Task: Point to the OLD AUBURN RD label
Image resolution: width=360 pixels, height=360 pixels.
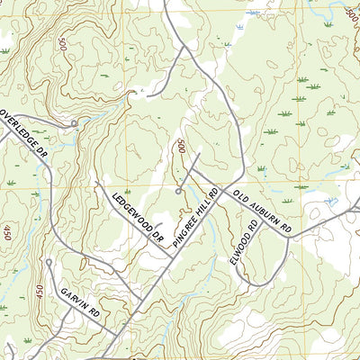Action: click(x=261, y=213)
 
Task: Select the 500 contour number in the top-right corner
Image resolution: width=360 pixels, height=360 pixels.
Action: click(x=351, y=13)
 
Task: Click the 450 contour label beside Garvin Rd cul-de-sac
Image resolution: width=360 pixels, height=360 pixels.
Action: click(x=39, y=292)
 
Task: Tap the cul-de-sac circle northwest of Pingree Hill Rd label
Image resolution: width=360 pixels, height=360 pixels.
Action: click(x=179, y=191)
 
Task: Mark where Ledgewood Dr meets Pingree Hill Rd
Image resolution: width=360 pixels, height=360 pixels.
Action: click(x=174, y=257)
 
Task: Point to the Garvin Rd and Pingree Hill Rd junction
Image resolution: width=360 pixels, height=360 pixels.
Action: click(x=117, y=334)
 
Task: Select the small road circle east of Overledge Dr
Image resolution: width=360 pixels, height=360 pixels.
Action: click(x=74, y=122)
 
